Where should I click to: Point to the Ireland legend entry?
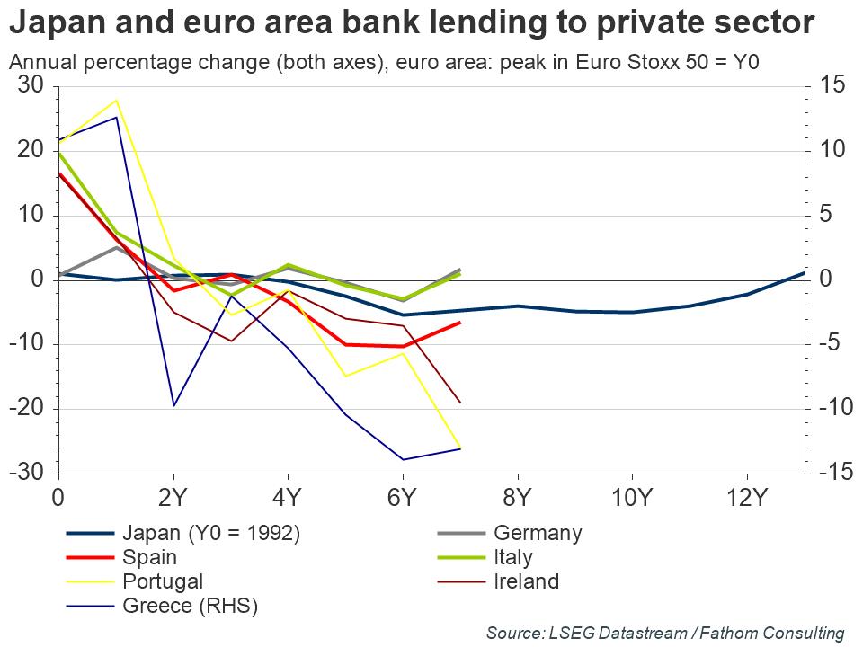click(526, 581)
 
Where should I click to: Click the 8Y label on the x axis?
click(517, 497)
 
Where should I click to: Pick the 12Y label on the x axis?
click(746, 497)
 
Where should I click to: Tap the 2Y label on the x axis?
click(173, 497)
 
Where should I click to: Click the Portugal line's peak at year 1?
click(116, 100)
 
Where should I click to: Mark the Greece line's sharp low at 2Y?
click(173, 405)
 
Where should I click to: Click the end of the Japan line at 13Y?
click(804, 272)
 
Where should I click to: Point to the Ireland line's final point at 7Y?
click(460, 403)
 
